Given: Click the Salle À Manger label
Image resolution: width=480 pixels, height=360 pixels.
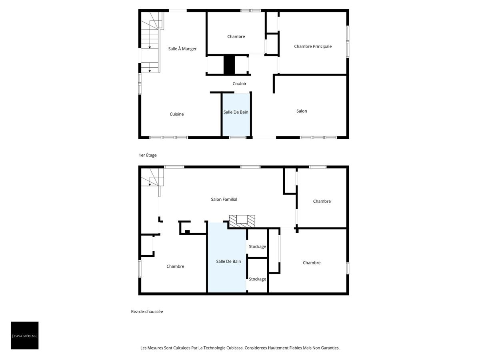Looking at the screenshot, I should pos(182,49).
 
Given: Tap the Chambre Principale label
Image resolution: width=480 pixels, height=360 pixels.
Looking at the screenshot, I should pos(313,46).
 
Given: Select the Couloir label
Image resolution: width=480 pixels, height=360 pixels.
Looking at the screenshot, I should pos(240,84).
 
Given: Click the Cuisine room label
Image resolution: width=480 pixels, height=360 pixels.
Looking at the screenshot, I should pos(177,114).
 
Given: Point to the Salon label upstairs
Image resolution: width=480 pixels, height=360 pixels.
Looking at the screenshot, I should pos(302,111).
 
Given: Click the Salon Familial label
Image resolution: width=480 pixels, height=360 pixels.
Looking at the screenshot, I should pos(224,199).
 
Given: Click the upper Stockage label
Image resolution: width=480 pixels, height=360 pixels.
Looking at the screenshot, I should pos(257,247).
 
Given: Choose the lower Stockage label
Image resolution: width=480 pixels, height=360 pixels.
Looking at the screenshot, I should pos(257,279).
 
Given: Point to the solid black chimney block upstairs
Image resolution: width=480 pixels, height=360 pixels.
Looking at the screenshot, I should pos(229,65).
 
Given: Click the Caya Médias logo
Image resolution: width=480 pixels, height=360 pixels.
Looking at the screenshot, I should pos(25,336).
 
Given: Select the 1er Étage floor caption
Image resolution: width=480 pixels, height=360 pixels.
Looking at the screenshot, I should pos(148,155).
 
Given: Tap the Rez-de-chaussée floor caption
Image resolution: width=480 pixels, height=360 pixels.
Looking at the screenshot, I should pos(147,312).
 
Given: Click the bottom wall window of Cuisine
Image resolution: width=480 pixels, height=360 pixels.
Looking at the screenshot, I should pos(168,138).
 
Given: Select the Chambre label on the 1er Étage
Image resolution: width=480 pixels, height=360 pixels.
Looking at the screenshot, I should pos(236,37).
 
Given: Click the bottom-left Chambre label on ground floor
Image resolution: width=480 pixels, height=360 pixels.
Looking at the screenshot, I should pos(175,266).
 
